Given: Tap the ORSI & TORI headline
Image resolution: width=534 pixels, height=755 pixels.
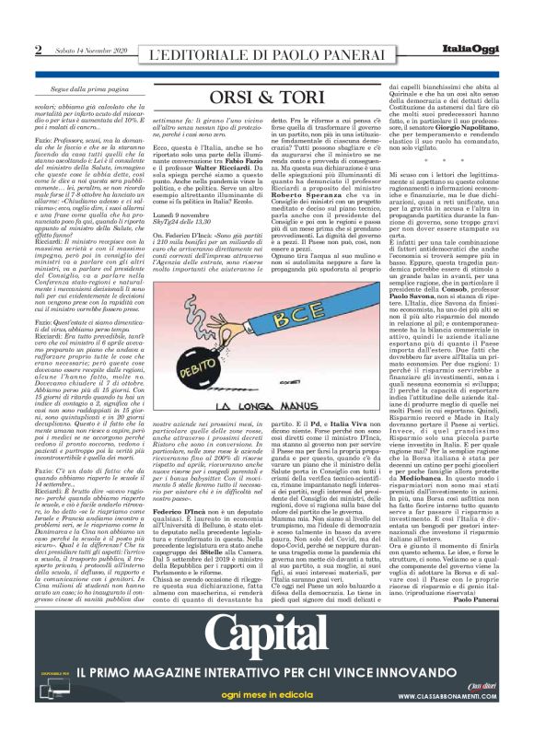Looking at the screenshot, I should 266,97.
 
